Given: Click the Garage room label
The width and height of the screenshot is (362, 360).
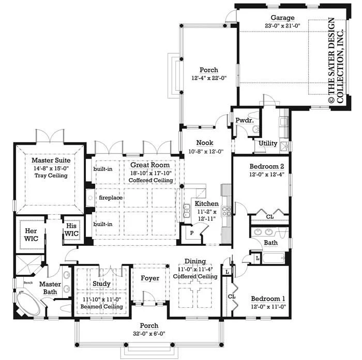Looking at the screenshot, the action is click(282, 18).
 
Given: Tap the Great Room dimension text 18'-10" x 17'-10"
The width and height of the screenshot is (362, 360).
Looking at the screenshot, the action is click(151, 173).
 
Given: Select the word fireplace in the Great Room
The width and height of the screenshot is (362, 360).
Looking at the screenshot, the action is click(111, 198).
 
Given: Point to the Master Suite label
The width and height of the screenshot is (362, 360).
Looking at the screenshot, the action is click(51, 160).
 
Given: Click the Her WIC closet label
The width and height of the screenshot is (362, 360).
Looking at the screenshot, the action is click(31, 235).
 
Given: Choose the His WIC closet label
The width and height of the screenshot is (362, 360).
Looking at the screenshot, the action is click(71, 230).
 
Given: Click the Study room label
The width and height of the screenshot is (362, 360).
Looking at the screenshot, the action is click(101, 284).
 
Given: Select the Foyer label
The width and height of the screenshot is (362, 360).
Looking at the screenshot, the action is click(150, 278).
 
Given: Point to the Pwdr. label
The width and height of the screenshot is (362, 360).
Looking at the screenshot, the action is click(245, 120).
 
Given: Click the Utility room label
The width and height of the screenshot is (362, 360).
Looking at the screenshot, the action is click(268, 143).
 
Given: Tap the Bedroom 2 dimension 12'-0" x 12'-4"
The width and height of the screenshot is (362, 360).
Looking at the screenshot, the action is click(267, 175).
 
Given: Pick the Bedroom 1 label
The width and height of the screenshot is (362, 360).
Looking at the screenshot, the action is click(268, 299).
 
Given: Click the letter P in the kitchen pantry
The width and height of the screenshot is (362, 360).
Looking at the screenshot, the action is click(192, 233).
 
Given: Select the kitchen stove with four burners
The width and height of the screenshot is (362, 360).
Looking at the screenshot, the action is click(227, 212).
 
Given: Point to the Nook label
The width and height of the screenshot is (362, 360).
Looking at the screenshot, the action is click(205, 143).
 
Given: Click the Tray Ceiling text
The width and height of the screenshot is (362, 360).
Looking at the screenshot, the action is click(51, 176).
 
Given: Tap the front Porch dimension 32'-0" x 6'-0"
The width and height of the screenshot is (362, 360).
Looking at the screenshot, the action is click(149, 334).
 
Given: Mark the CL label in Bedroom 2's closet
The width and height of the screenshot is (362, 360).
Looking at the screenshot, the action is click(269, 217).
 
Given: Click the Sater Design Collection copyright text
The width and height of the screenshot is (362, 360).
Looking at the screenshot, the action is click(336, 60).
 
